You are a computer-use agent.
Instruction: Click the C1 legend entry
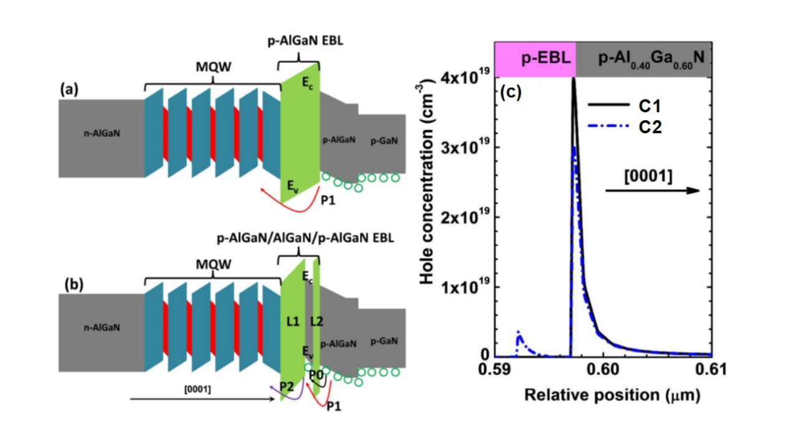pyautogui.click(x=624, y=106)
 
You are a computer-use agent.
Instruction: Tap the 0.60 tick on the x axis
pyautogui.click(x=603, y=369)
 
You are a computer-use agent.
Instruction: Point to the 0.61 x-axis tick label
pyautogui.click(x=711, y=369)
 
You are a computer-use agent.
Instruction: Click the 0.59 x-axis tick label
pyautogui.click(x=494, y=369)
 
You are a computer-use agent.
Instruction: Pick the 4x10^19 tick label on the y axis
pyautogui.click(x=465, y=76)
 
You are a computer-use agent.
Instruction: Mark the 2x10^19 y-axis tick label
pyautogui.click(x=465, y=216)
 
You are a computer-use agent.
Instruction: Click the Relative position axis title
pyautogui.click(x=612, y=395)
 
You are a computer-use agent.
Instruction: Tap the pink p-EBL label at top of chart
pyautogui.click(x=546, y=57)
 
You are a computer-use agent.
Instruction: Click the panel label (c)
pyautogui.click(x=511, y=93)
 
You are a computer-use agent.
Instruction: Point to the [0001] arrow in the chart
pyautogui.click(x=653, y=191)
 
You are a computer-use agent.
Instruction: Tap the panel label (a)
pyautogui.click(x=69, y=88)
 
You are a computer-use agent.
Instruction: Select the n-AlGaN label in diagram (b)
pyautogui.click(x=102, y=328)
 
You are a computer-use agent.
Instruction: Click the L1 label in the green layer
pyautogui.click(x=293, y=321)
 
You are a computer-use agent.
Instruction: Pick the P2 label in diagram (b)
pyautogui.click(x=286, y=387)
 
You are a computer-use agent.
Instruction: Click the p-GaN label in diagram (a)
pyautogui.click(x=384, y=141)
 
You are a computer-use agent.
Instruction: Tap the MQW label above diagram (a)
pyautogui.click(x=214, y=67)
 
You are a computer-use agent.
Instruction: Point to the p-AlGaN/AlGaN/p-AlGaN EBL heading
pyautogui.click(x=305, y=238)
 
